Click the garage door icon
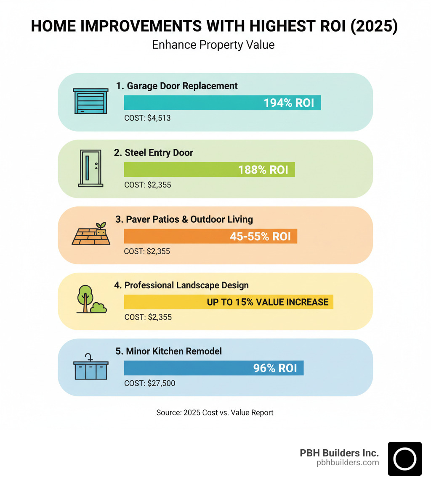pos(90,101)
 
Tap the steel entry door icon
pos(90,168)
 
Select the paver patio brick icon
pos(91,234)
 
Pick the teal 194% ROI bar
pos(222,103)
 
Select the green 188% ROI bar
pos(209,169)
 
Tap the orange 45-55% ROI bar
pos(210,236)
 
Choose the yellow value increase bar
pos(229,302)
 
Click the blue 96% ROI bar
pos(213,368)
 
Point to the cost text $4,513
pos(147,118)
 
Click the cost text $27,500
pos(149,383)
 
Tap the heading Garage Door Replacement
pos(177,86)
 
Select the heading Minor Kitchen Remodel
pos(168,351)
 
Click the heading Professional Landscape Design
pos(181,285)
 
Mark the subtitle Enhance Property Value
pos(213,45)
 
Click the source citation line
pos(215,413)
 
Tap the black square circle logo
pos(404,459)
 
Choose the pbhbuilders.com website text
pos(348,463)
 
